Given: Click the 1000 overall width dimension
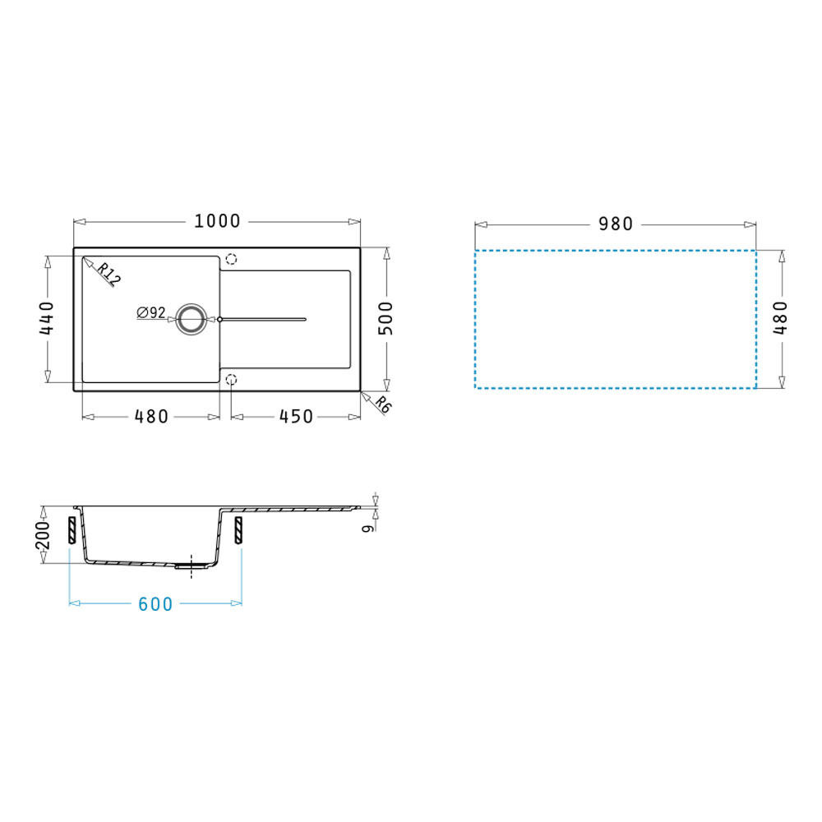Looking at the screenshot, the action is pyautogui.click(x=217, y=221).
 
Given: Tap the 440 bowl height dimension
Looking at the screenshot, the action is pyautogui.click(x=47, y=318).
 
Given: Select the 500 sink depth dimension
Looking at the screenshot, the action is pyautogui.click(x=386, y=318).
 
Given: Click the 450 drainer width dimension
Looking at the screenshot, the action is pyautogui.click(x=296, y=417).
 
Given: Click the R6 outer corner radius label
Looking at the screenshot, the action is pyautogui.click(x=383, y=404).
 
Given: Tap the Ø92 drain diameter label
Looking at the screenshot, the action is pyautogui.click(x=151, y=313).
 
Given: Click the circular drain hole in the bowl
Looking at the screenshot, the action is pyautogui.click(x=191, y=319).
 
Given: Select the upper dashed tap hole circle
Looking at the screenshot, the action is pyautogui.click(x=231, y=259).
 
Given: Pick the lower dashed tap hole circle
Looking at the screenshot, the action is pyautogui.click(x=231, y=380).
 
